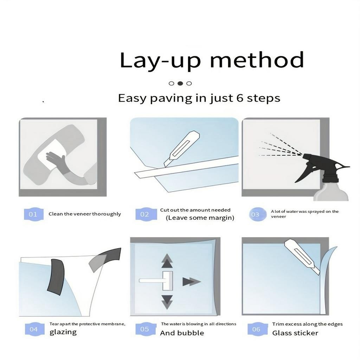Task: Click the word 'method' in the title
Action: [x=257, y=60]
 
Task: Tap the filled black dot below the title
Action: [x=180, y=83]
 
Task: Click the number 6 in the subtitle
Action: [x=240, y=98]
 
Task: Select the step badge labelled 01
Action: [x=34, y=214]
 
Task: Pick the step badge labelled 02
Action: [x=145, y=214]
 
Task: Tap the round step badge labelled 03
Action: [x=257, y=214]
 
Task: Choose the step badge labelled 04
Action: [x=34, y=329]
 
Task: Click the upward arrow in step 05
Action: [x=167, y=261]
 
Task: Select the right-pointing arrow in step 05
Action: [x=192, y=282]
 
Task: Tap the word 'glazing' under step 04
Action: [x=63, y=332]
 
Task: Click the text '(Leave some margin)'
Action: [x=200, y=218]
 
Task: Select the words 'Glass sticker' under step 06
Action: [x=295, y=333]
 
